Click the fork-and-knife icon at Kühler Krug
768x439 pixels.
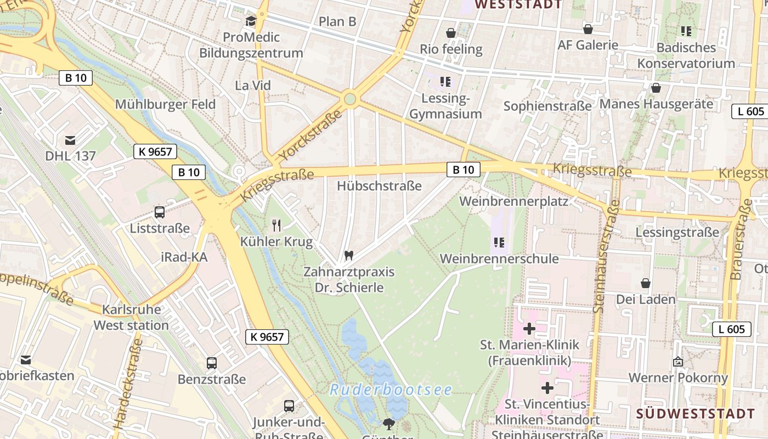pos(276,225)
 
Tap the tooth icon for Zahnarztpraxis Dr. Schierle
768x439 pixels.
pos(348,255)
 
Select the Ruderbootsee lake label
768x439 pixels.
pos(391,390)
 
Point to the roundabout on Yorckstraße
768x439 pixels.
pos(349,99)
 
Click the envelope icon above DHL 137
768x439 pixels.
pos(70,140)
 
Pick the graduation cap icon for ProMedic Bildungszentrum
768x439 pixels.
pos(251,21)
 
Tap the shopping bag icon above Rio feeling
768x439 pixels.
pos(451,33)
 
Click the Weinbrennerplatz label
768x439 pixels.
pos(513,201)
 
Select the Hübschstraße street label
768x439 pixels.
pos(380,185)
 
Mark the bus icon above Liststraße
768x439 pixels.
pos(160,212)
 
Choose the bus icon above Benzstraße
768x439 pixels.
pos(212,363)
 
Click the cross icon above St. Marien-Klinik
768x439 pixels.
pos(529,329)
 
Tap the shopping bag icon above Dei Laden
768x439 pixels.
pos(646,283)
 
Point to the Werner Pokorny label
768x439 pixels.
pos(678,378)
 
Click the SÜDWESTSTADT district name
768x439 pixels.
pos(696,414)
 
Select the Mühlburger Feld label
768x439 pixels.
pos(165,104)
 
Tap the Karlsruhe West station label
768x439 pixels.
pos(131,317)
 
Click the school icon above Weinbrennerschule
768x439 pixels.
pos(499,242)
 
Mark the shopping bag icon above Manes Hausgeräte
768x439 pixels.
pos(656,88)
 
